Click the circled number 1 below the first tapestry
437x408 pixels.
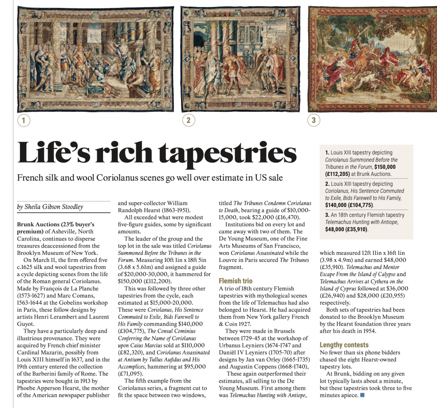click(24, 120)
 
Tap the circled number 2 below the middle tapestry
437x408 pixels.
click(188, 120)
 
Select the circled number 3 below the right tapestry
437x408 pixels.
click(313, 120)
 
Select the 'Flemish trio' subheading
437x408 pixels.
click(235, 281)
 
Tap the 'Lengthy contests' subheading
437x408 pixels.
click(344, 345)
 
